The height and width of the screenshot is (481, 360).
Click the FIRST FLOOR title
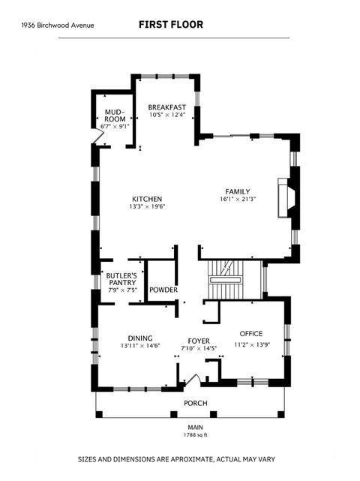click(x=170, y=25)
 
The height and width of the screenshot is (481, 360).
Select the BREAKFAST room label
click(x=166, y=107)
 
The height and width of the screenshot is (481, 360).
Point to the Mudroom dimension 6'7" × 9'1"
click(x=115, y=126)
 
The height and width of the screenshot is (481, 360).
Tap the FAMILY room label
click(x=238, y=191)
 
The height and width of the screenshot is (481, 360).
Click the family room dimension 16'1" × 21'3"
click(x=238, y=200)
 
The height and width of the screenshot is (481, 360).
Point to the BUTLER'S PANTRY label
click(x=120, y=279)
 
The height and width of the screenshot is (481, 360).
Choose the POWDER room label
click(x=163, y=290)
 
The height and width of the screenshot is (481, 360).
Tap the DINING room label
click(x=139, y=338)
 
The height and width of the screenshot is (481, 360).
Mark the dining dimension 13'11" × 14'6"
click(x=139, y=346)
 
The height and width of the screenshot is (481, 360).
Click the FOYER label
click(x=198, y=340)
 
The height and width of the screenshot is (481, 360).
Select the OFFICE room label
click(x=250, y=333)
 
